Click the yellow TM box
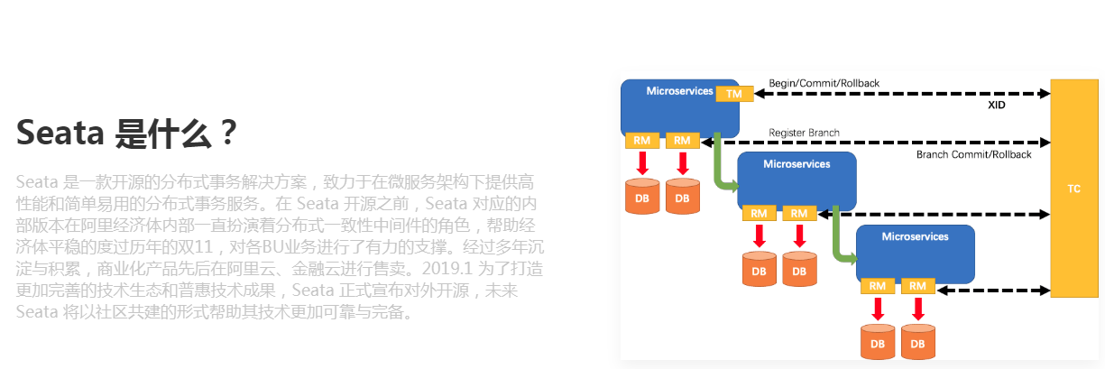734,94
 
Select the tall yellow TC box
1073,189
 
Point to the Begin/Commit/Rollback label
824,83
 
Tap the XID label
996,105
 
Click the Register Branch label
804,133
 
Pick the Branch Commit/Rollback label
973,154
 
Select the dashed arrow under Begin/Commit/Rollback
902,94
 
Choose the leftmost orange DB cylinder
642,196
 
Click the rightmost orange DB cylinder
917,342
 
